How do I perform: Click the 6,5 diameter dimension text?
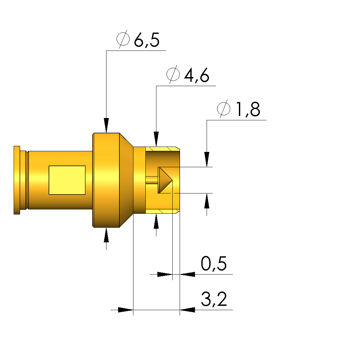point(147,40)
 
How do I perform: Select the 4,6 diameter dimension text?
point(197,75)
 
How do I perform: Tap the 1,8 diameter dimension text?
point(248,109)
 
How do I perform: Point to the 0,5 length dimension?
point(214,264)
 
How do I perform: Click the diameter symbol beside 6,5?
point(123,39)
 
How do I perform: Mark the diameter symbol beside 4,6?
point(173,74)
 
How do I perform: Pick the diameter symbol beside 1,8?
point(224,109)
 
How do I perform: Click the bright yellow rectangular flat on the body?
point(67,180)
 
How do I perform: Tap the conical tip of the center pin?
point(165,180)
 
